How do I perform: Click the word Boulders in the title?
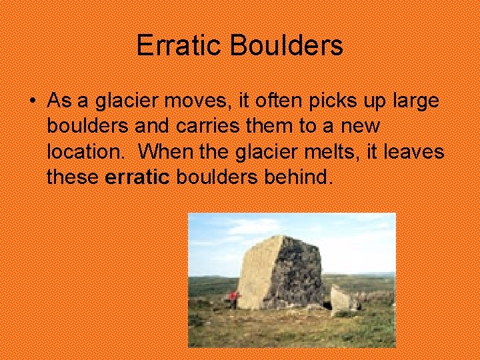point(287,46)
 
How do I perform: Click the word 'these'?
point(73,177)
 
